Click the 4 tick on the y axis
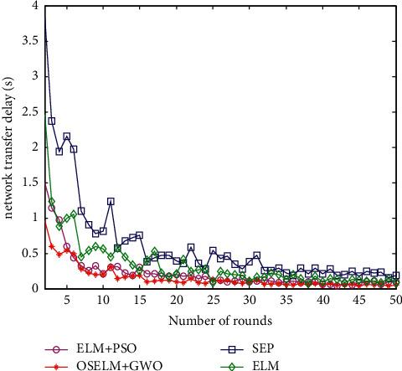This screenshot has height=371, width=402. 33,5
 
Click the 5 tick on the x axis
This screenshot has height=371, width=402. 66,299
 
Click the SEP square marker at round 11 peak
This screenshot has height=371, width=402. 111,201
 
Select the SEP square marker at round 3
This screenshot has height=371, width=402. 52,121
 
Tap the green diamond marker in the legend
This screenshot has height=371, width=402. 221,364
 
